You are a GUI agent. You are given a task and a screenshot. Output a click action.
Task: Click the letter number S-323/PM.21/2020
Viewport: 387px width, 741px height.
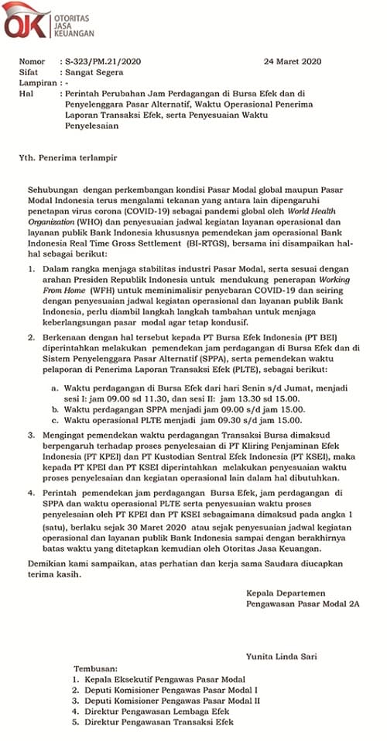click(101, 61)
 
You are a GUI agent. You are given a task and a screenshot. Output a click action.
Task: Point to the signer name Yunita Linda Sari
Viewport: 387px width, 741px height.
click(282, 656)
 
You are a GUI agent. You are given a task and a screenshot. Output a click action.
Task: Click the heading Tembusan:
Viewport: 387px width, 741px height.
click(97, 667)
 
